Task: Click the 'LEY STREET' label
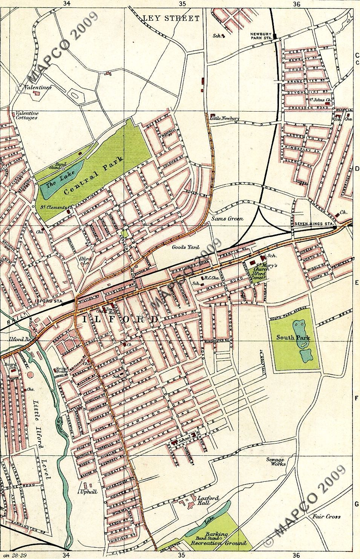[171, 18]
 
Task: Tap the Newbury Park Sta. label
[262, 35]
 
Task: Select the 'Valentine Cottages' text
[26, 115]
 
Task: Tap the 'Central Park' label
[94, 176]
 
